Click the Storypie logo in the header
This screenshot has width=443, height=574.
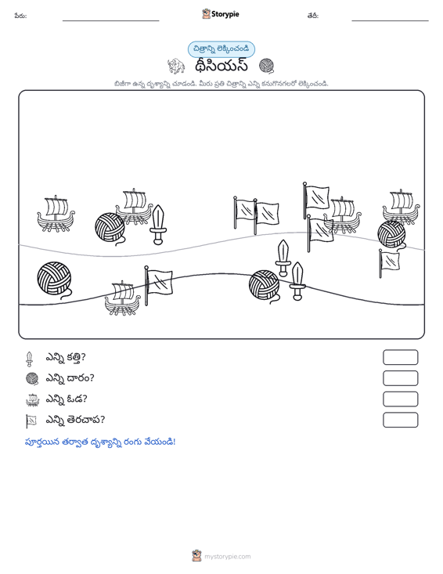(220, 14)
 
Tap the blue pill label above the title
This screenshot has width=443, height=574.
(221, 49)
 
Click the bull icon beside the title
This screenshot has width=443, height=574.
(176, 66)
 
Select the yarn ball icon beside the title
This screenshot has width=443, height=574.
(266, 66)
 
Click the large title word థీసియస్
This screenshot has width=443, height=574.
(221, 67)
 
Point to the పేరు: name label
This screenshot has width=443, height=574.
(20, 16)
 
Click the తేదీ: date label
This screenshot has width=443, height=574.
(313, 16)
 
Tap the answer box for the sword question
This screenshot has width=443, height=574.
(400, 357)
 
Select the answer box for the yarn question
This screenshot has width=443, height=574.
(400, 378)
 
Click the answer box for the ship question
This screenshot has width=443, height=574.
(400, 399)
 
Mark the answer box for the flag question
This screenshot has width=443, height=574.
(400, 420)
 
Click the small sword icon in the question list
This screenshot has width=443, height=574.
(29, 359)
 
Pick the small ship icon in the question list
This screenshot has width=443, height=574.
(33, 399)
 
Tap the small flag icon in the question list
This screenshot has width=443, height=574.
(31, 421)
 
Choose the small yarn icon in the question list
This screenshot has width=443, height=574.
(32, 378)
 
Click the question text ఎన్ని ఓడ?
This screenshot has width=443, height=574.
(67, 399)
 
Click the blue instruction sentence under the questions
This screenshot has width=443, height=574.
(100, 442)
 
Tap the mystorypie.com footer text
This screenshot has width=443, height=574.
(227, 557)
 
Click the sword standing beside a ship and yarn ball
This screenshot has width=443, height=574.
(158, 225)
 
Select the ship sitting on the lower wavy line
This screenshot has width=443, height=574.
(123, 298)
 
